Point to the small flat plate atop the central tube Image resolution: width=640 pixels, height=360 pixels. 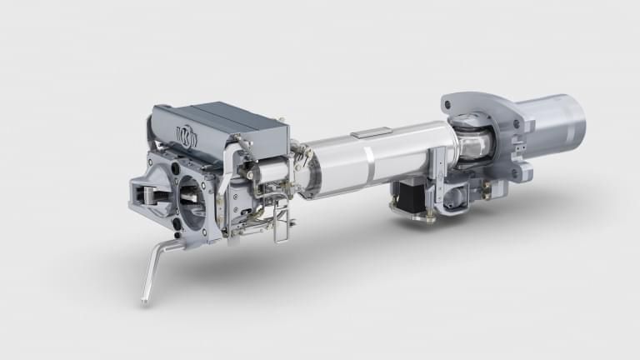[x=371, y=132]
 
